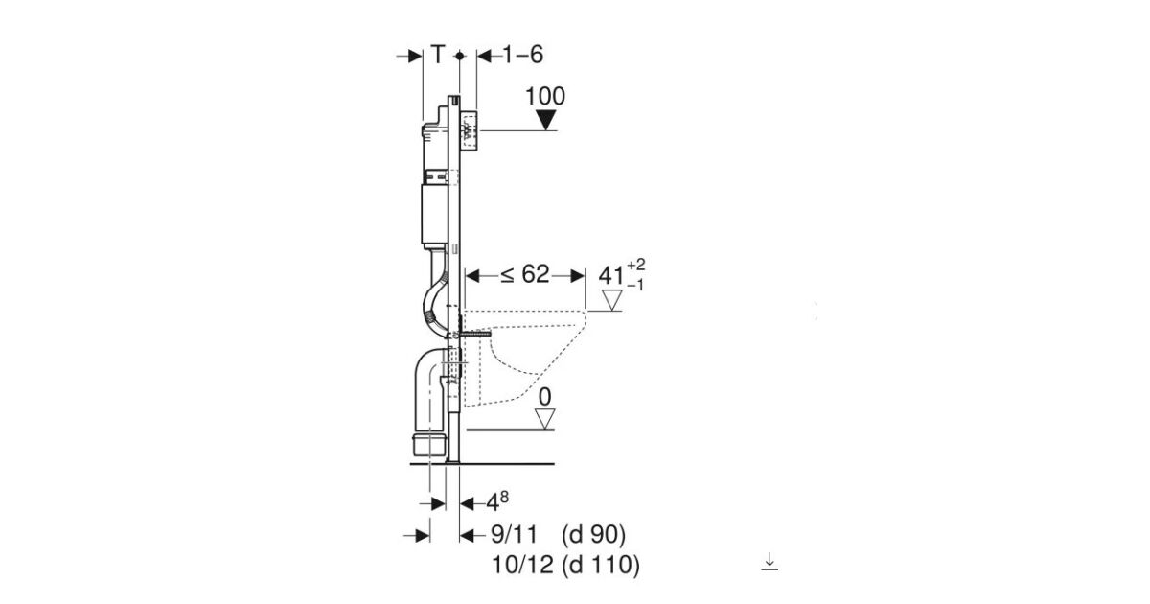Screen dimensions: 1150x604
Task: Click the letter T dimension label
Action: pyautogui.click(x=437, y=55)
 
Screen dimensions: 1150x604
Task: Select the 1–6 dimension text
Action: pyautogui.click(x=522, y=55)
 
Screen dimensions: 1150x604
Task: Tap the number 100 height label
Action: pyautogui.click(x=545, y=96)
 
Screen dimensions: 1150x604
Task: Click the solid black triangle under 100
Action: pyautogui.click(x=545, y=121)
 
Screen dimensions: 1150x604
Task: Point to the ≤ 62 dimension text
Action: pyautogui.click(x=525, y=274)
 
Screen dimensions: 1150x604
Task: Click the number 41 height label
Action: pyautogui.click(x=611, y=276)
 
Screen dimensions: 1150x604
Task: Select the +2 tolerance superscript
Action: pyautogui.click(x=636, y=265)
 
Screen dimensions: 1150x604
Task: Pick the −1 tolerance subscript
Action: pyautogui.click(x=635, y=285)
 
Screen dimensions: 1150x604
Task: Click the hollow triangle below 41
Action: pyautogui.click(x=612, y=300)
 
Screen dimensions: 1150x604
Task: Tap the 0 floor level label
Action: pyautogui.click(x=544, y=397)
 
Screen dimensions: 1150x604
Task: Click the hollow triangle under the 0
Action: pyautogui.click(x=544, y=419)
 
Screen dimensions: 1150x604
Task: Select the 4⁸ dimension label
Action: pyautogui.click(x=497, y=502)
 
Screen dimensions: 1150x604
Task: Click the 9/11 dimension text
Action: pyautogui.click(x=515, y=535)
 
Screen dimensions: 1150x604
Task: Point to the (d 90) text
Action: pyautogui.click(x=593, y=535)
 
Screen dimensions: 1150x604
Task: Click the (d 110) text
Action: pyautogui.click(x=601, y=566)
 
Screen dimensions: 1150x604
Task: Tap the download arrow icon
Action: pyautogui.click(x=770, y=561)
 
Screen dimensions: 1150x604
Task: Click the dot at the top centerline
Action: pyautogui.click(x=460, y=56)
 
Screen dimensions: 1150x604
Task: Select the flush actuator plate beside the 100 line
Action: pyautogui.click(x=470, y=130)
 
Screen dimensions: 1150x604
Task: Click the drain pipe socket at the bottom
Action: pyautogui.click(x=428, y=445)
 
